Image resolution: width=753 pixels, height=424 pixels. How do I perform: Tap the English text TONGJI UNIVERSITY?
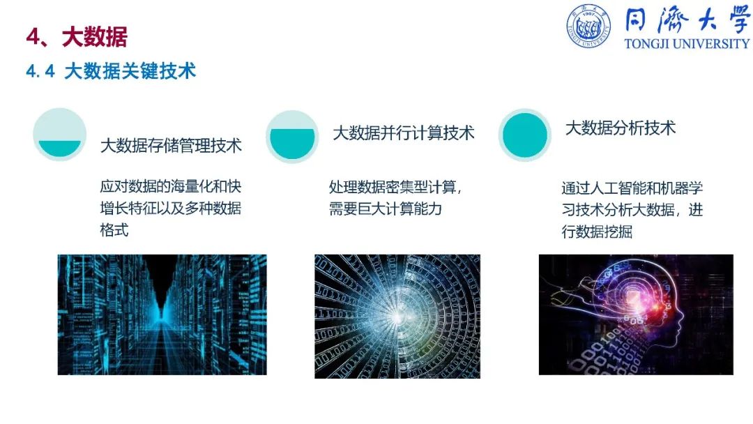click(x=687, y=44)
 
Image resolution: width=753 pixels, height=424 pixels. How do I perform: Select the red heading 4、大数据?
click(x=77, y=37)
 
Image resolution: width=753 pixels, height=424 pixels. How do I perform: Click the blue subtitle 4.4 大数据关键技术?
click(x=111, y=71)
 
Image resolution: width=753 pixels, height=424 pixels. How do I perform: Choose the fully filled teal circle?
click(x=524, y=135)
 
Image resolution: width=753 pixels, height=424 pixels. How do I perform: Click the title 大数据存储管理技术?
click(x=171, y=146)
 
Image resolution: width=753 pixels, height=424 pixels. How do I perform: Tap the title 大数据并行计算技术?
click(x=404, y=133)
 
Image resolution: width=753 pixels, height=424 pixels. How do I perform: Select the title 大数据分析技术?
click(x=621, y=128)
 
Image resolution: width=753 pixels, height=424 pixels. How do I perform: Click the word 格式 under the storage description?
click(x=114, y=230)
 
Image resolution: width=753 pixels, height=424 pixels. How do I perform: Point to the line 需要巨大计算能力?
click(x=385, y=209)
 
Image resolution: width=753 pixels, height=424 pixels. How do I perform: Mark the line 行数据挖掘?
click(x=597, y=232)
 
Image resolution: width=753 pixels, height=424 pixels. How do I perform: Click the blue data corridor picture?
click(x=162, y=315)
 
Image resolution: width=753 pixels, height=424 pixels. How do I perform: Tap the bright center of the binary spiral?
click(x=397, y=316)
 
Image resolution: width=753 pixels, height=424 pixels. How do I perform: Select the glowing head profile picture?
click(x=636, y=315)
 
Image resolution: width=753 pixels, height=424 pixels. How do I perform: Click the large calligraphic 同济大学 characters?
click(x=687, y=20)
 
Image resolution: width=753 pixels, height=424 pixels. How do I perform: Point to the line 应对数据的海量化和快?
click(x=171, y=186)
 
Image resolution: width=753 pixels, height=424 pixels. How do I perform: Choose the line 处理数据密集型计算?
click(x=395, y=187)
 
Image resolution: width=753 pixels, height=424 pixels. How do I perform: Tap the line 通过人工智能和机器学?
click(x=632, y=188)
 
